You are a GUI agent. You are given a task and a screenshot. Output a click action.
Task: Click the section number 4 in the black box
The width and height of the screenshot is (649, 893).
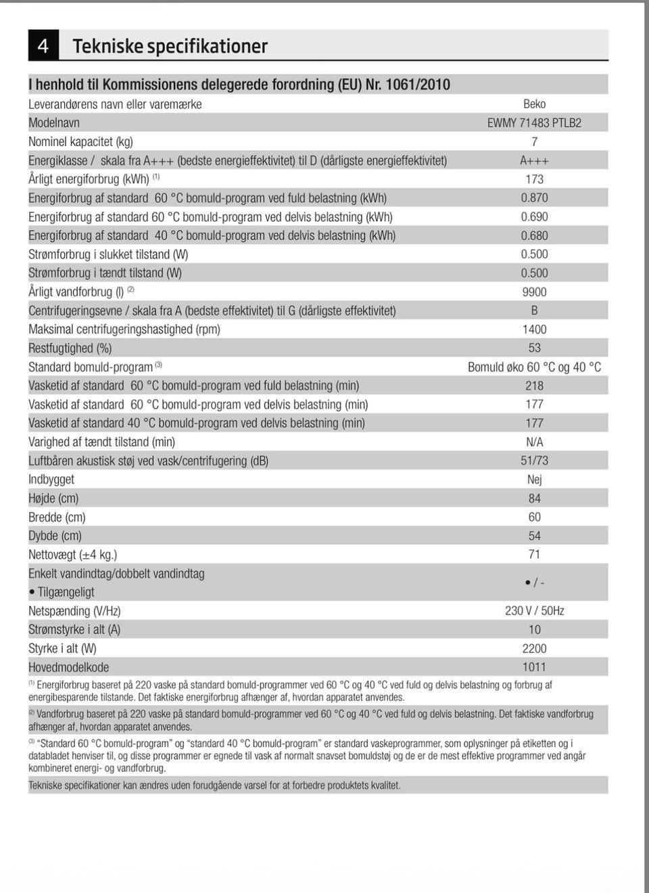(x=43, y=46)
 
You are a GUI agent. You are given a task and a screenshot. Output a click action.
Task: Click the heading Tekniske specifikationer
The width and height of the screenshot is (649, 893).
(x=170, y=46)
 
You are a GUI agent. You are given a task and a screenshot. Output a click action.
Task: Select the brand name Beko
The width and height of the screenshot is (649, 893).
(x=534, y=104)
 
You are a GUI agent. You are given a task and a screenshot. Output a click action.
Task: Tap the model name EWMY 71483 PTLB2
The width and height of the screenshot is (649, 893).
(x=534, y=123)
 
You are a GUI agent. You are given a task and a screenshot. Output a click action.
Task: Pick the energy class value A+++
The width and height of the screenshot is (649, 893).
(x=534, y=160)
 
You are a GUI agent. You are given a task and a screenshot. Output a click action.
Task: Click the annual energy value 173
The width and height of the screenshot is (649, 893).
(x=534, y=179)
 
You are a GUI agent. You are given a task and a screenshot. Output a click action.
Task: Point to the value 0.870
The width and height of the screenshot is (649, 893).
(x=534, y=198)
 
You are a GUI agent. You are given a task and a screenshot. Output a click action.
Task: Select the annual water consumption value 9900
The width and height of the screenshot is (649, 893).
(x=534, y=292)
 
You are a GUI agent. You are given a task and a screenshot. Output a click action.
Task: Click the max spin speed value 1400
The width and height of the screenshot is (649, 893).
(x=534, y=329)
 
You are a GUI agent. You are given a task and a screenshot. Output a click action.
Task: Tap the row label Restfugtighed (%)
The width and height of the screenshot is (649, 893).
(x=70, y=348)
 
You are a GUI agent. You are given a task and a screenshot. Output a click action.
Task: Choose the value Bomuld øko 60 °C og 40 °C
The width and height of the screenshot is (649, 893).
(x=534, y=367)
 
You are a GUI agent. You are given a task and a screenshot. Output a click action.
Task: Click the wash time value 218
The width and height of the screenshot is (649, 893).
(x=534, y=386)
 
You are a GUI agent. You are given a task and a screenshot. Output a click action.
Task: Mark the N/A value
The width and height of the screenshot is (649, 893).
(x=534, y=442)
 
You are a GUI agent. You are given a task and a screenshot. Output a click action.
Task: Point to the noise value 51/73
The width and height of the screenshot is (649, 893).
(x=534, y=461)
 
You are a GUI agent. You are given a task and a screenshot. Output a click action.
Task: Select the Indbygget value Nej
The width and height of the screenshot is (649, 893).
(x=534, y=480)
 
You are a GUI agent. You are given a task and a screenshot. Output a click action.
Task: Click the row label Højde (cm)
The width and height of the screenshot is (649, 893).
(x=53, y=499)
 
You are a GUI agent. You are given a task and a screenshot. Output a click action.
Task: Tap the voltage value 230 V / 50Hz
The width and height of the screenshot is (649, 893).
(x=534, y=611)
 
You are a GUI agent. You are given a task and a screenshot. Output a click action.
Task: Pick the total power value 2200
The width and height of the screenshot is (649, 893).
(x=534, y=648)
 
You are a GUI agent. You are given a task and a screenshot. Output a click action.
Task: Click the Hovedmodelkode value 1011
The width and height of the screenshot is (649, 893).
(x=534, y=667)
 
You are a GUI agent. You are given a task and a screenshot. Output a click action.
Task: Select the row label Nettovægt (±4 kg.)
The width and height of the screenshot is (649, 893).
(x=72, y=555)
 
